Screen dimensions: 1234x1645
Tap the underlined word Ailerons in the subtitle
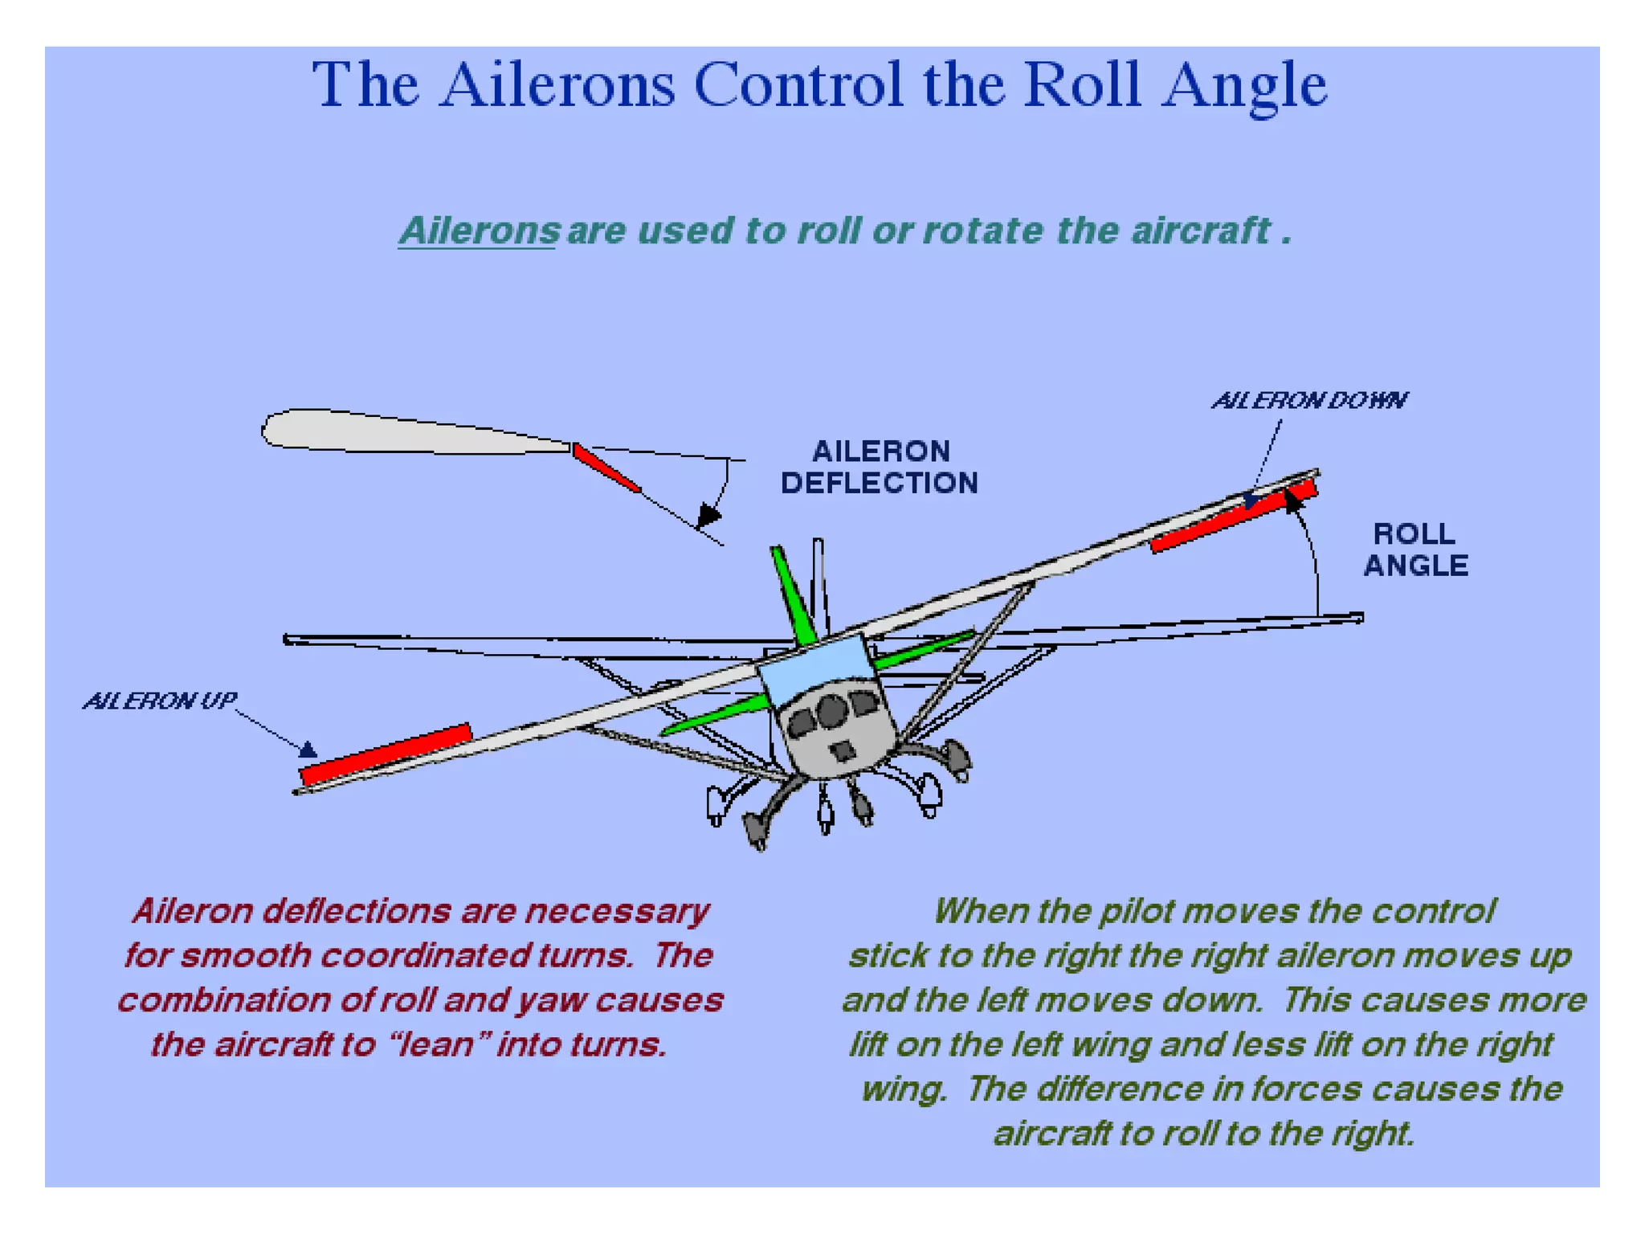(480, 231)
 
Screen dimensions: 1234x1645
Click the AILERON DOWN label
(1308, 400)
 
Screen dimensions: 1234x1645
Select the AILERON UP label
(160, 701)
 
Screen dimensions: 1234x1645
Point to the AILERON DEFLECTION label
(880, 467)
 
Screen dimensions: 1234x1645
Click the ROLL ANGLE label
(1415, 550)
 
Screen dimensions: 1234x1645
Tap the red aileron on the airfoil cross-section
(606, 468)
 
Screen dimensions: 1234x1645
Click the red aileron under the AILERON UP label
(386, 754)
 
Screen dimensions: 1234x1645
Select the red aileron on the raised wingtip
(1233, 516)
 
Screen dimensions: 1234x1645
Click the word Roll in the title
(1082, 84)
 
